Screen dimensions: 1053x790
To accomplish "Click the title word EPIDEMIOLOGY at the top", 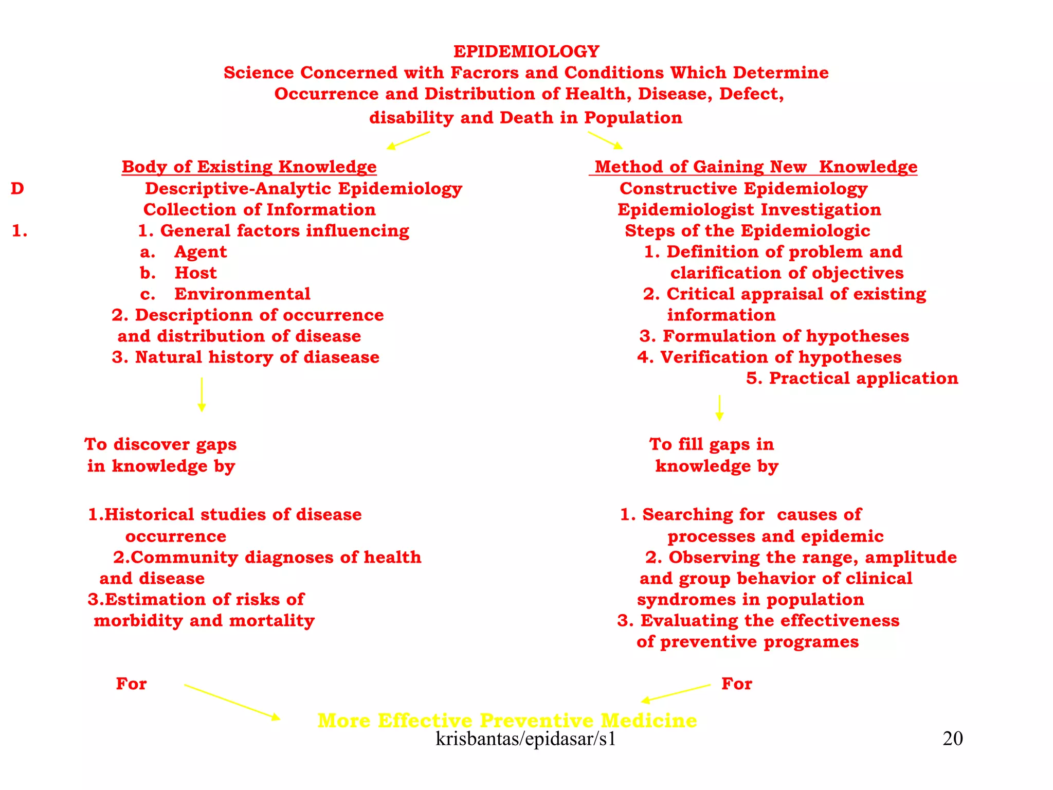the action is click(x=526, y=51).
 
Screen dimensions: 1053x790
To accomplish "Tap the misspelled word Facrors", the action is click(x=484, y=73).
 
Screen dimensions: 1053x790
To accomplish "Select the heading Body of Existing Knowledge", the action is click(x=249, y=167).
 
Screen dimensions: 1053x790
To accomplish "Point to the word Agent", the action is click(x=201, y=252).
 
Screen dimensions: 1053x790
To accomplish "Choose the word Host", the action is click(x=195, y=273).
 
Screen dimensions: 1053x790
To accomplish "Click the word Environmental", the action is click(x=242, y=294).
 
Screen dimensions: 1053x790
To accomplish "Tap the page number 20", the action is click(x=952, y=739).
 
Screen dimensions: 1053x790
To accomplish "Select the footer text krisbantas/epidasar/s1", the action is click(x=525, y=739).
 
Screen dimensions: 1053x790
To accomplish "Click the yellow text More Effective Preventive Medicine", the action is click(x=507, y=720).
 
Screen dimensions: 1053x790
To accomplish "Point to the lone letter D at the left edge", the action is click(x=17, y=189).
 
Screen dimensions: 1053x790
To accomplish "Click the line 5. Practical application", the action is click(x=852, y=378).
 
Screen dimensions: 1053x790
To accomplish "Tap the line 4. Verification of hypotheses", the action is click(x=769, y=357).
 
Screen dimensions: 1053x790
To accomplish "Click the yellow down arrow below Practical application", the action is click(x=719, y=407).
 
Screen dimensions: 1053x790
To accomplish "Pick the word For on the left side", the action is click(x=131, y=684).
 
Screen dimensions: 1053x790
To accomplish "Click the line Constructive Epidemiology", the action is click(x=743, y=189).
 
